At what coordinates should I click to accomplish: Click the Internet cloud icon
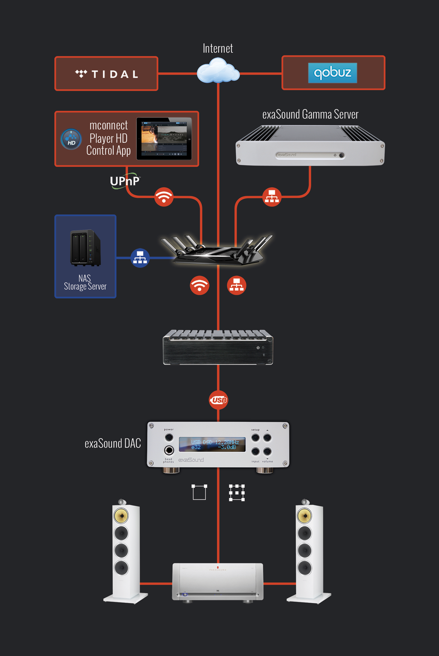pyautogui.click(x=218, y=71)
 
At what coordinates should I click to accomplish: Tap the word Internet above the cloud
pyautogui.click(x=218, y=48)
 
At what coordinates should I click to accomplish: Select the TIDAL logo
pyautogui.click(x=107, y=74)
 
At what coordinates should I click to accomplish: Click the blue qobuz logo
pyautogui.click(x=332, y=73)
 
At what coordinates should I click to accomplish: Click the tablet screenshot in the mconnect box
pyautogui.click(x=164, y=139)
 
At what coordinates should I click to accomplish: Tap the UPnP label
pyautogui.click(x=125, y=181)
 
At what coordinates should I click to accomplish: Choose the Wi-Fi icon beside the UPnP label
pyautogui.click(x=164, y=197)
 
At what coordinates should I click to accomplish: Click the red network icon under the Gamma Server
pyautogui.click(x=272, y=197)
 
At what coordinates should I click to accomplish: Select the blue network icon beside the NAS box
pyautogui.click(x=140, y=258)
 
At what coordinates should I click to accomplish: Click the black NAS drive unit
pyautogui.click(x=85, y=248)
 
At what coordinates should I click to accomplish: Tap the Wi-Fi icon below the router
pyautogui.click(x=199, y=285)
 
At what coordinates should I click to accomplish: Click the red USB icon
pyautogui.click(x=219, y=400)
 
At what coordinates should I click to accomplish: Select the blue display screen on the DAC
pyautogui.click(x=212, y=444)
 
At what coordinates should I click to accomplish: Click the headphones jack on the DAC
pyautogui.click(x=169, y=450)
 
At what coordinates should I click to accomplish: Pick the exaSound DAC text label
pyautogui.click(x=113, y=443)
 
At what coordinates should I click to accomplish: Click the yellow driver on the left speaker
pyautogui.click(x=121, y=515)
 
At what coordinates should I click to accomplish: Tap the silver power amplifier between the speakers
pyautogui.click(x=218, y=581)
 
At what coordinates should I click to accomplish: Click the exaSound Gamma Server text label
pyautogui.click(x=310, y=115)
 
